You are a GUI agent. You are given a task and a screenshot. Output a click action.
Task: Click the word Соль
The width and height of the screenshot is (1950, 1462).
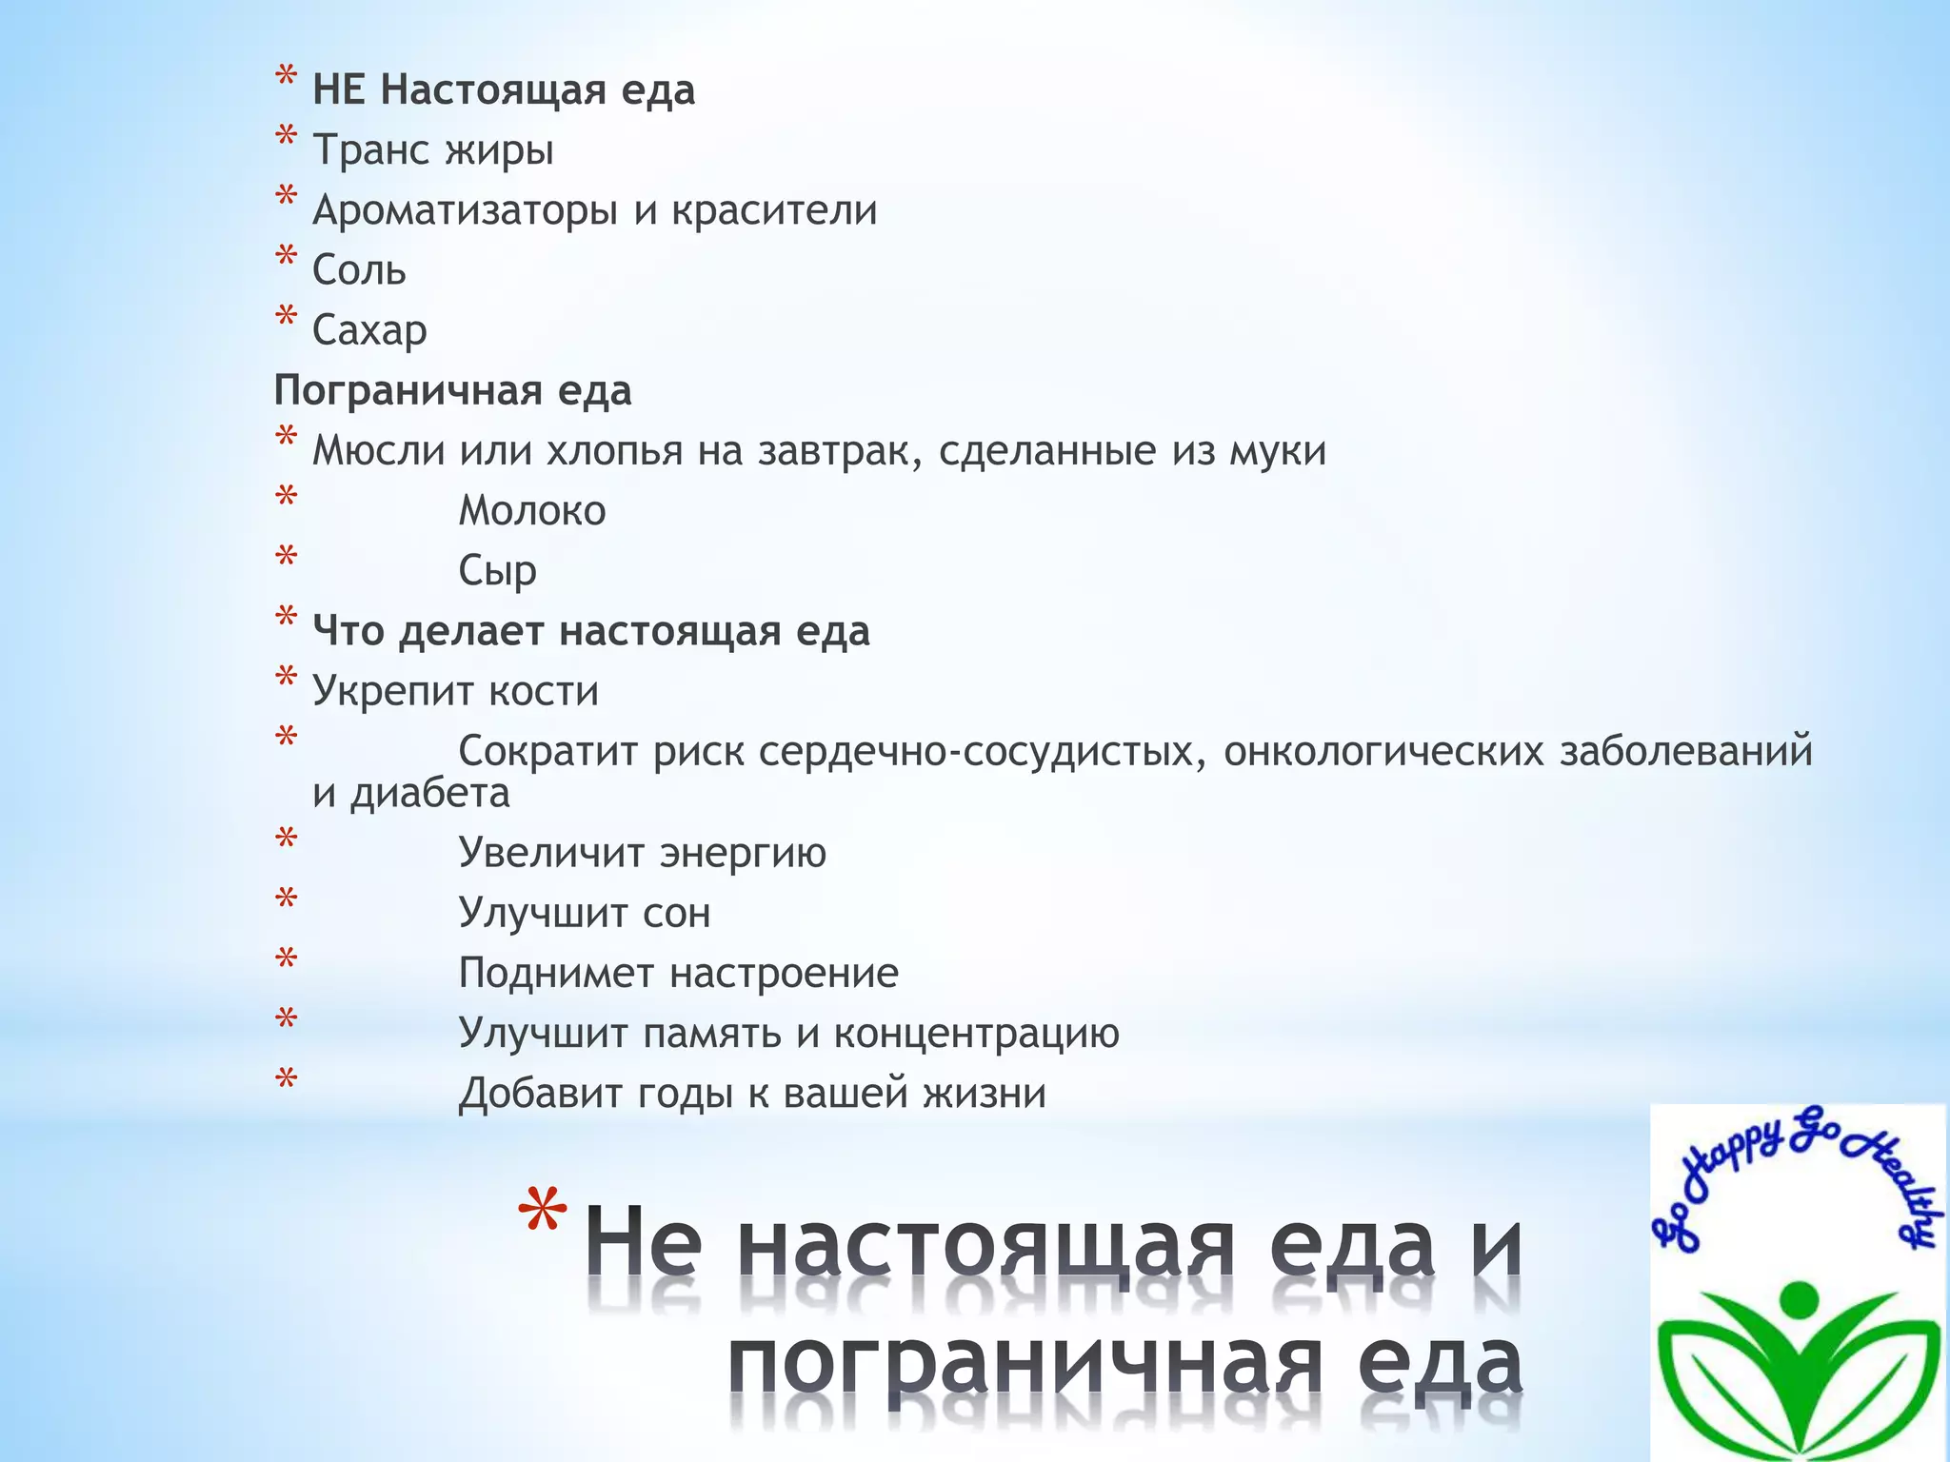(x=359, y=271)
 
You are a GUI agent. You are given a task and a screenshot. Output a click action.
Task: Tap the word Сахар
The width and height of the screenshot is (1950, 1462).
(x=369, y=331)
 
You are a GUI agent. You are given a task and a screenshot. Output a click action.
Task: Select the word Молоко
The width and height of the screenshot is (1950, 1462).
(x=532, y=511)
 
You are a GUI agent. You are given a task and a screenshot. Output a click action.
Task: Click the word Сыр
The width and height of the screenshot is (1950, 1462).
(x=497, y=571)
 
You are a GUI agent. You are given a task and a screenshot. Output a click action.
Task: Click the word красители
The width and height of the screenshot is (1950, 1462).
(x=774, y=210)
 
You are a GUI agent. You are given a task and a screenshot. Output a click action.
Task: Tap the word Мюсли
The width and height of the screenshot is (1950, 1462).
(x=378, y=451)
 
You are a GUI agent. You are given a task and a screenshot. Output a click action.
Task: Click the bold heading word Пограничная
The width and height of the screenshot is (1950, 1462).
(x=408, y=391)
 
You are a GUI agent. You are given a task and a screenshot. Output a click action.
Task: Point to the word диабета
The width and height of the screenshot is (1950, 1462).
(x=430, y=793)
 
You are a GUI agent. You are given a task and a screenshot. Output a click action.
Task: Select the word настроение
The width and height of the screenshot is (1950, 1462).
(x=784, y=973)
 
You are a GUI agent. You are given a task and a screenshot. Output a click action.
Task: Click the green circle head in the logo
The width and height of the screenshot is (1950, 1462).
(x=1798, y=1297)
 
